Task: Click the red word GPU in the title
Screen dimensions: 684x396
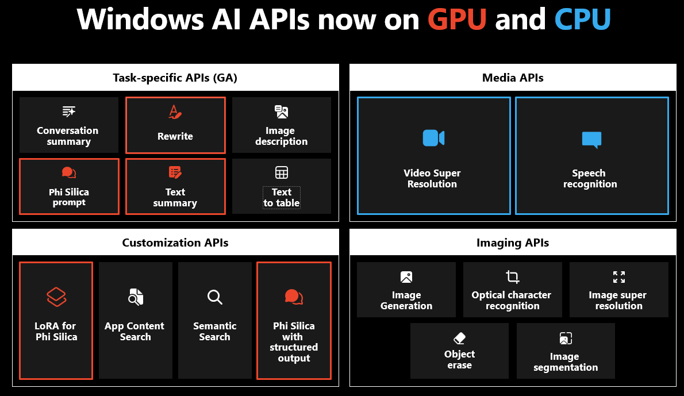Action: click(457, 19)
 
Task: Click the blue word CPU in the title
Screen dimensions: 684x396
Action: click(582, 19)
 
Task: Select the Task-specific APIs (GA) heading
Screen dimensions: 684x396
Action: click(175, 78)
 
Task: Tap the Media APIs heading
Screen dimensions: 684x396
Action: click(513, 78)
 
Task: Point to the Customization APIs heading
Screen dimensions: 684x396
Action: click(175, 243)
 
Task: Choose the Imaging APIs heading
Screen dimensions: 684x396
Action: click(513, 243)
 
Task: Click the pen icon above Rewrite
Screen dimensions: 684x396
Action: click(175, 112)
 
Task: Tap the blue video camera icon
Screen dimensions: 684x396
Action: click(433, 138)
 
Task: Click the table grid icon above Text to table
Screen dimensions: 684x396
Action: click(282, 172)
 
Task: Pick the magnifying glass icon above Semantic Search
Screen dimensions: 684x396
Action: click(214, 297)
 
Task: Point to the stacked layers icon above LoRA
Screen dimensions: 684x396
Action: click(56, 297)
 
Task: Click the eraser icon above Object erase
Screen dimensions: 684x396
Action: click(459, 338)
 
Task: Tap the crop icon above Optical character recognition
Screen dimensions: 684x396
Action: click(512, 277)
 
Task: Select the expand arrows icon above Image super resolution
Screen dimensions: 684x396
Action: click(618, 277)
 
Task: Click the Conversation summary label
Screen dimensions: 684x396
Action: click(68, 136)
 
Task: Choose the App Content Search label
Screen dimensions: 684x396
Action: click(135, 332)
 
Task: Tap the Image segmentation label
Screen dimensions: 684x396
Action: click(566, 362)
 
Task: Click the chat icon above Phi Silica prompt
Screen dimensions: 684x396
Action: click(69, 172)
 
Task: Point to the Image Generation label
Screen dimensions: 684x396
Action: click(406, 301)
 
